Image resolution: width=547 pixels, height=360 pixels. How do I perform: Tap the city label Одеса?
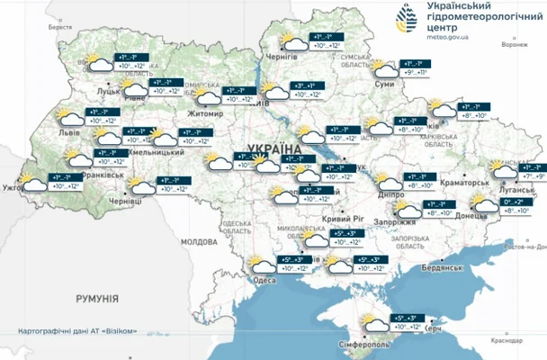coord(265,280)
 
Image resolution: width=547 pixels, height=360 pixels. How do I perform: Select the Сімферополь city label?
coord(358,345)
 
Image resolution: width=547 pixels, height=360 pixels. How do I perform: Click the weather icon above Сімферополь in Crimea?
coord(370,322)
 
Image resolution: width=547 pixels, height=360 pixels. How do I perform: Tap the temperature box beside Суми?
coord(410,68)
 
